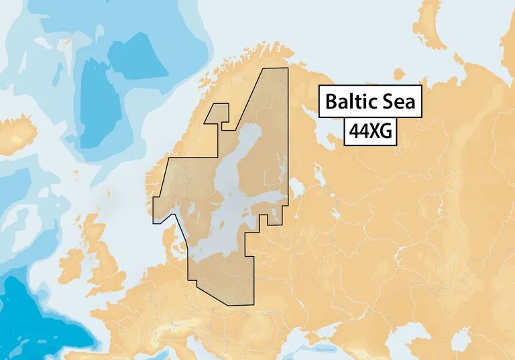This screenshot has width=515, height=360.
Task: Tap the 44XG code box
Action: point(369,132)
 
